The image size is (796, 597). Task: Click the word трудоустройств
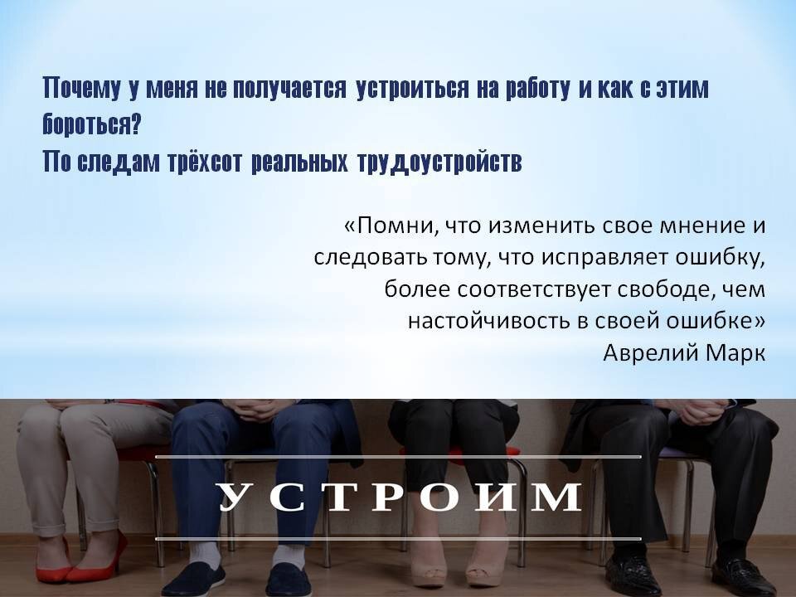click(x=439, y=163)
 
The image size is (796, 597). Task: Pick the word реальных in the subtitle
click(x=298, y=163)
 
